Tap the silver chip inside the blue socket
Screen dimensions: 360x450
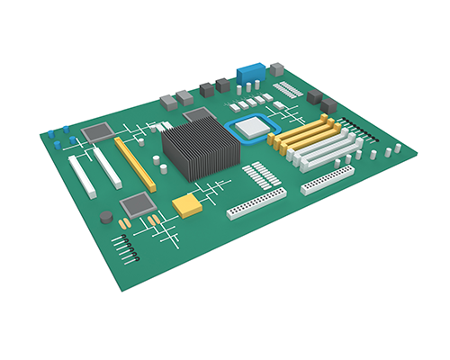pyautogui.click(x=253, y=127)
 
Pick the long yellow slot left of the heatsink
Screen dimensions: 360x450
pyautogui.click(x=135, y=162)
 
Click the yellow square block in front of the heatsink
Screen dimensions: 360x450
pyautogui.click(x=187, y=205)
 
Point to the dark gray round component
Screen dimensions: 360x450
pyautogui.click(x=106, y=216)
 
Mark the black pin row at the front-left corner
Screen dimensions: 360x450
pyautogui.click(x=126, y=247)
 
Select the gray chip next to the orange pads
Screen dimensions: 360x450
pyautogui.click(x=136, y=204)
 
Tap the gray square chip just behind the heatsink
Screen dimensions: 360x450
pyautogui.click(x=196, y=115)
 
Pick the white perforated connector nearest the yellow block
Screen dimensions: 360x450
pyautogui.click(x=256, y=206)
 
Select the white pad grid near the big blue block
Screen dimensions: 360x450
pyautogui.click(x=289, y=89)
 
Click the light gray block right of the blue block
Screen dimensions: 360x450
pyautogui.click(x=276, y=68)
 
